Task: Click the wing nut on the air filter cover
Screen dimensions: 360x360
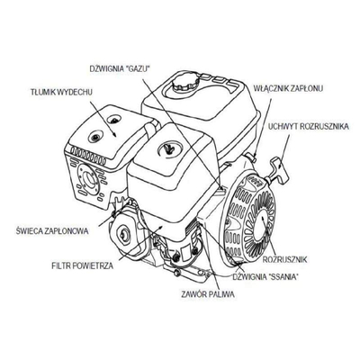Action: click(167, 148)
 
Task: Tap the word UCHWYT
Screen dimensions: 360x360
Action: click(284, 128)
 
